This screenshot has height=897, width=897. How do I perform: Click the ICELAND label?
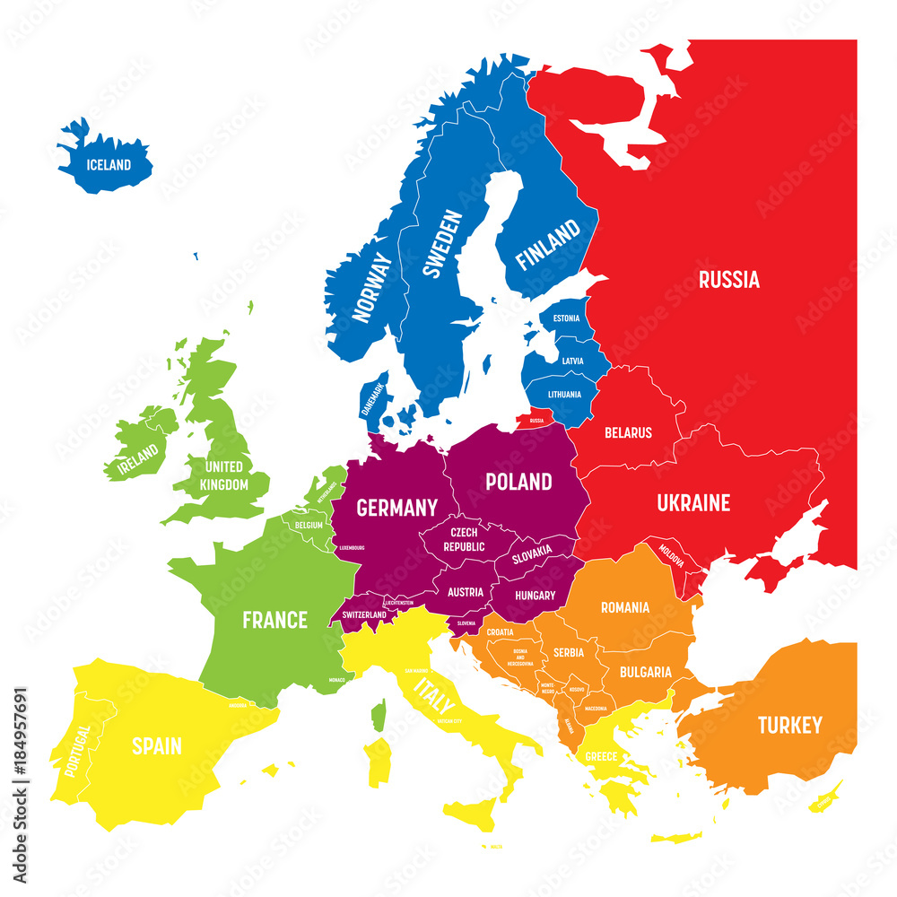click(x=109, y=165)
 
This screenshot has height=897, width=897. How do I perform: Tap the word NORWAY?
click(x=373, y=286)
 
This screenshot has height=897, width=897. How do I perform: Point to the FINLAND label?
click(x=547, y=247)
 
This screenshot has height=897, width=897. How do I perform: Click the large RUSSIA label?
click(x=728, y=280)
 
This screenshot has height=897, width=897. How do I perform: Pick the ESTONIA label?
click(x=566, y=318)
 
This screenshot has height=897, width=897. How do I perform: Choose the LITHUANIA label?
click(x=564, y=394)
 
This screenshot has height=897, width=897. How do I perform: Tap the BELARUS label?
click(x=628, y=432)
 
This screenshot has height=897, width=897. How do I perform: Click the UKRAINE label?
click(x=693, y=503)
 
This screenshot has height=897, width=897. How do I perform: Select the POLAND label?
click(x=518, y=482)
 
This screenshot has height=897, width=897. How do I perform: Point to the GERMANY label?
click(x=396, y=508)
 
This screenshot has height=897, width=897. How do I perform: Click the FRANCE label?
click(x=275, y=620)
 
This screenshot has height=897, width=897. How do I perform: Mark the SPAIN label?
click(x=157, y=745)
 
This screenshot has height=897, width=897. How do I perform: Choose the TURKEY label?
click(x=789, y=725)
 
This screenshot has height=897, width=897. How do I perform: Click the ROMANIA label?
click(x=625, y=607)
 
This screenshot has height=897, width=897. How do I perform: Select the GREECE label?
click(x=601, y=756)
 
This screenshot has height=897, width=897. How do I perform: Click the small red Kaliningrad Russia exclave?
click(x=536, y=420)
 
